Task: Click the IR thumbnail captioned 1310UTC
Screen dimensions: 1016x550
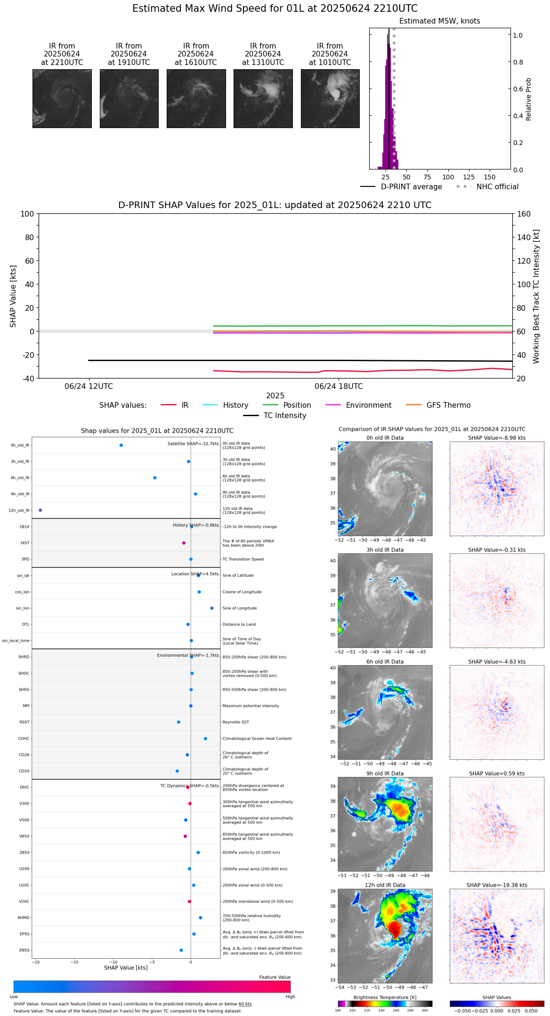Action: (x=263, y=98)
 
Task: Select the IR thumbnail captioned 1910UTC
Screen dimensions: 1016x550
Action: (x=129, y=98)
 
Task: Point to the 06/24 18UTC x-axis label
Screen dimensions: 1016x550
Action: (x=339, y=387)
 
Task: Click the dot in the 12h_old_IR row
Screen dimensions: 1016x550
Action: (x=40, y=510)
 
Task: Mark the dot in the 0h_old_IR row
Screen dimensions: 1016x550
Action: (x=121, y=445)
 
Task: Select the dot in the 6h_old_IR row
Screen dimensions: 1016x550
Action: (x=155, y=478)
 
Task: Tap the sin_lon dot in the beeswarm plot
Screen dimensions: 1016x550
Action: (x=212, y=608)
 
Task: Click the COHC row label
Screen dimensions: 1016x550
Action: (x=24, y=739)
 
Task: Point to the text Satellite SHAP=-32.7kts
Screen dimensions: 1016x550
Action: (x=193, y=444)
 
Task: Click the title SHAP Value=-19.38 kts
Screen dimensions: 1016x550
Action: (x=497, y=885)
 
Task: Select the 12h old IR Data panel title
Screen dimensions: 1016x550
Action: (x=385, y=885)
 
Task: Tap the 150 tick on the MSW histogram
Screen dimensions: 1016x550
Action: (x=490, y=177)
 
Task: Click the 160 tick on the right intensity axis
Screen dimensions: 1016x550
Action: (x=524, y=214)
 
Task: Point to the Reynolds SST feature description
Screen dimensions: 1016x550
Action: (x=236, y=722)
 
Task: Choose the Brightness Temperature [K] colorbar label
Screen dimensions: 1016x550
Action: (x=385, y=997)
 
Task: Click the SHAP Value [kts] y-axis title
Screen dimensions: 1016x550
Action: (x=13, y=296)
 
